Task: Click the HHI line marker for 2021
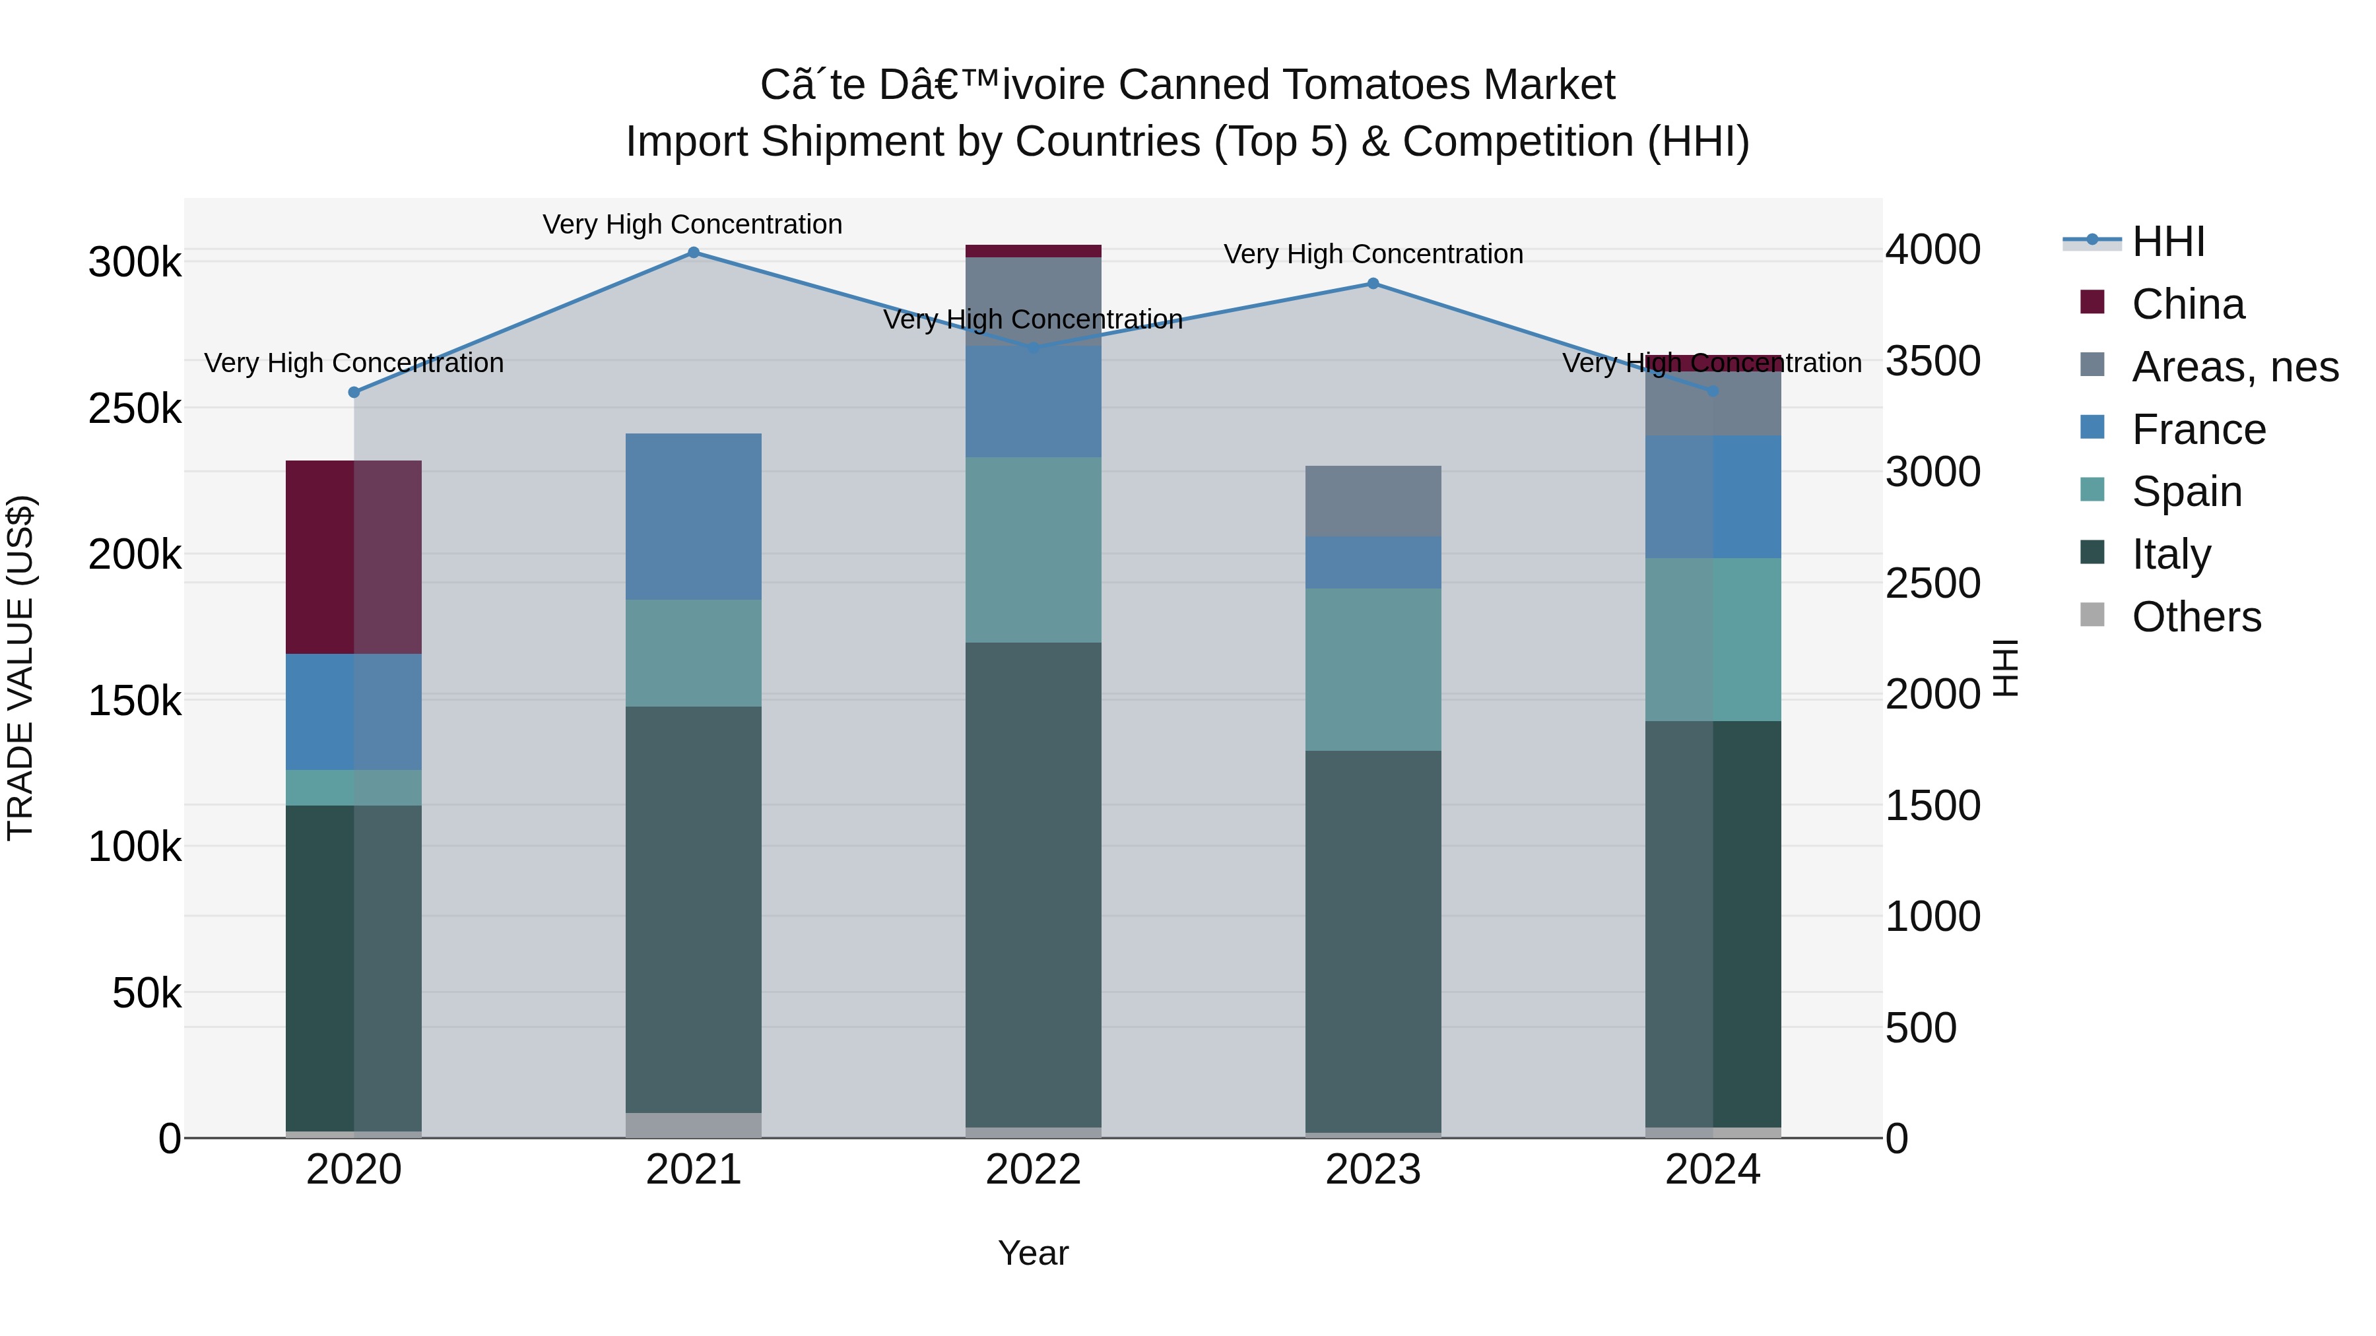click(x=694, y=253)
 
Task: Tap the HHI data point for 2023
click(x=1373, y=284)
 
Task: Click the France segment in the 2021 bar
click(x=694, y=517)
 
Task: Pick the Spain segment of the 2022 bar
click(x=1033, y=550)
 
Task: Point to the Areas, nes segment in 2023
click(x=1373, y=501)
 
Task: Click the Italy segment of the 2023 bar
click(x=1373, y=940)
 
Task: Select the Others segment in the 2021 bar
click(x=694, y=1125)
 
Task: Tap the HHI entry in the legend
click(x=2167, y=241)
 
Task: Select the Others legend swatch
click(x=2093, y=615)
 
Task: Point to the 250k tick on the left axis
click(x=135, y=408)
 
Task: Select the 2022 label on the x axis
click(x=1033, y=1170)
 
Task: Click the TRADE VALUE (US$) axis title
click(x=20, y=668)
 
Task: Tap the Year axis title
click(x=1033, y=1253)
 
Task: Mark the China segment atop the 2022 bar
click(x=1033, y=251)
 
